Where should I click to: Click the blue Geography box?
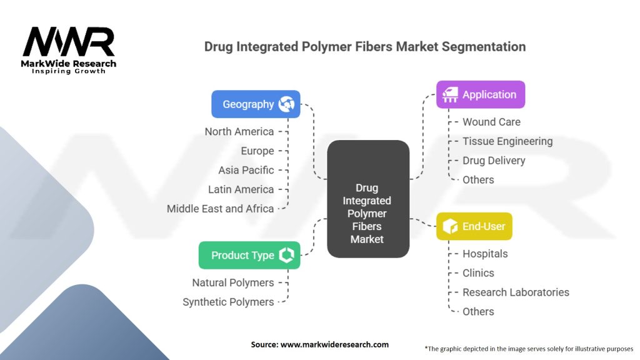256,104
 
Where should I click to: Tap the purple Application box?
480,95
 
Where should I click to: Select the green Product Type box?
249,255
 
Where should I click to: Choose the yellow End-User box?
474,226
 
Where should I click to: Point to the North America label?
239,131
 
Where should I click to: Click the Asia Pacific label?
246,170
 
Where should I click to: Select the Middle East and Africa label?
220,209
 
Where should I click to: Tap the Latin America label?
241,189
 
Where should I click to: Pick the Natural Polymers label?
233,282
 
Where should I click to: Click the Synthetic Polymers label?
228,302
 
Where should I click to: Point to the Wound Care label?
491,122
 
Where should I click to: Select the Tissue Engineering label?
507,141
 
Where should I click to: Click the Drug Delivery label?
494,161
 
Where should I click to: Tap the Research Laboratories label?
516,292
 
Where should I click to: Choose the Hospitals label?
485,254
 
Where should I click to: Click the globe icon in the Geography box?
287,104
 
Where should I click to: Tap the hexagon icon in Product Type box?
287,255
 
